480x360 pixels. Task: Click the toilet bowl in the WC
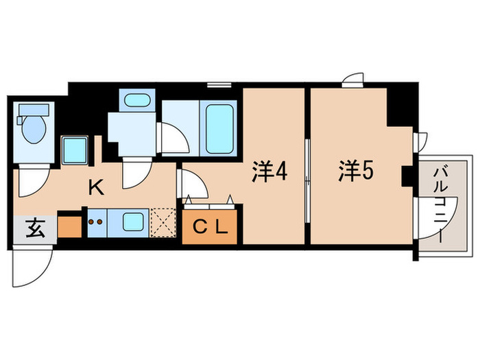34,130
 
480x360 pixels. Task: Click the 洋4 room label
268,171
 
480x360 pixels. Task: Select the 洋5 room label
355,171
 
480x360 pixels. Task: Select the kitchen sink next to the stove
131,222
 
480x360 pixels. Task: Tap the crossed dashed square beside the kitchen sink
163,223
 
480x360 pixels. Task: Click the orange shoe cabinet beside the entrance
69,226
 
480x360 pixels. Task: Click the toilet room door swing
31,182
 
